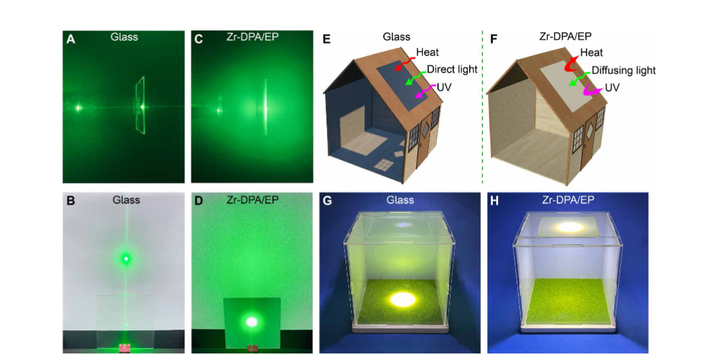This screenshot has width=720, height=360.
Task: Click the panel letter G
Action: pyautogui.click(x=328, y=201)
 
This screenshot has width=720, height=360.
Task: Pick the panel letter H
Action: pyautogui.click(x=495, y=201)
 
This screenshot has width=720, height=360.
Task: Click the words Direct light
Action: pyautogui.click(x=452, y=69)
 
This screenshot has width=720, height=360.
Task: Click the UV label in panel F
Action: pyautogui.click(x=611, y=87)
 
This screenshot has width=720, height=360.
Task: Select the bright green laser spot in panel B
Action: pyautogui.click(x=125, y=258)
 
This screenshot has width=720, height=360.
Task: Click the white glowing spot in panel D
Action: pyautogui.click(x=251, y=322)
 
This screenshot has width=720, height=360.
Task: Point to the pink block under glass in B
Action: pyautogui.click(x=124, y=347)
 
